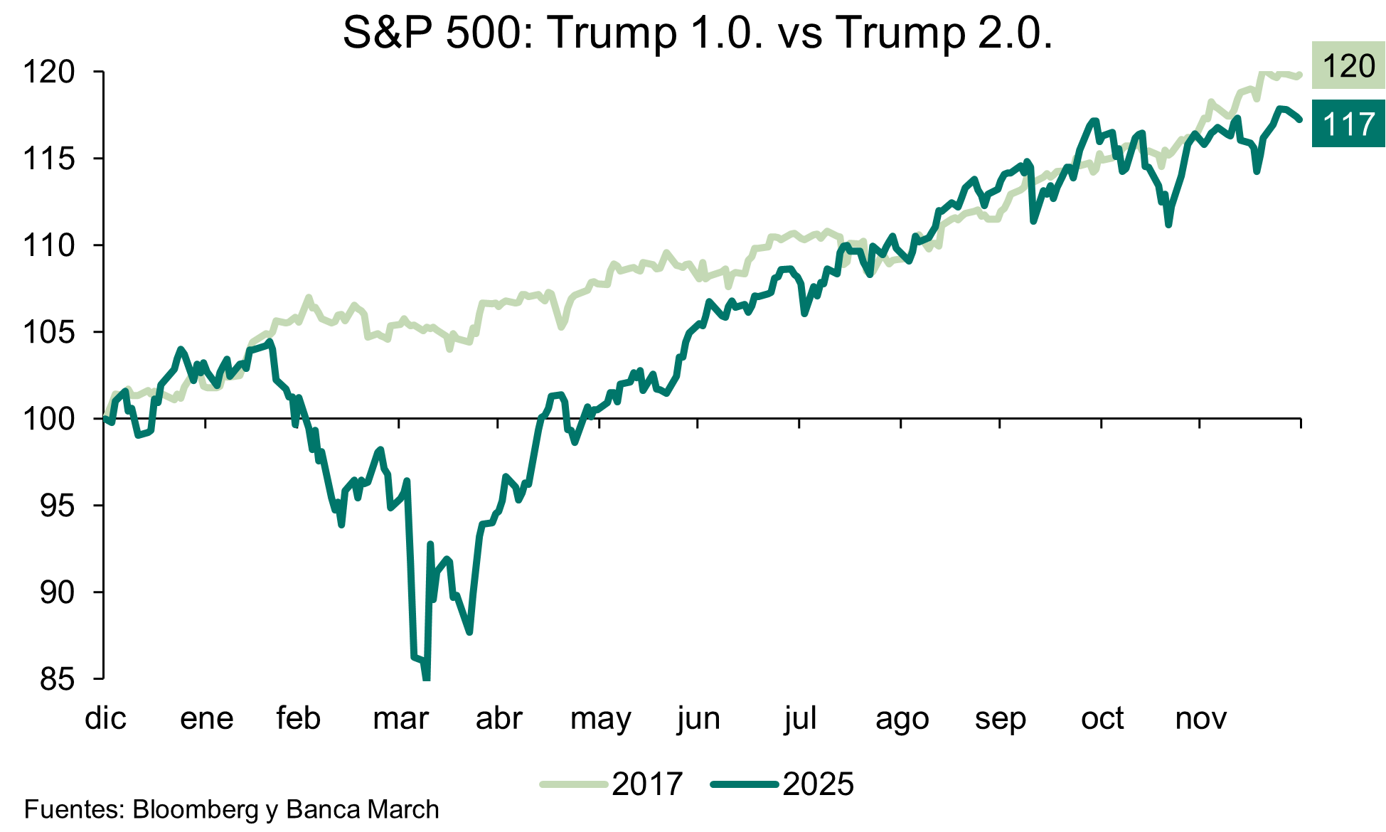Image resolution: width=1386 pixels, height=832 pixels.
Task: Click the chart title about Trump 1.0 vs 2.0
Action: click(697, 33)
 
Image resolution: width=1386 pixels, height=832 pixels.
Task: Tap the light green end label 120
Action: click(1348, 66)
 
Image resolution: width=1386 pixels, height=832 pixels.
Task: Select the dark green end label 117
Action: click(1348, 124)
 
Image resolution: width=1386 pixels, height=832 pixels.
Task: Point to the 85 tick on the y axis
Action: click(57, 679)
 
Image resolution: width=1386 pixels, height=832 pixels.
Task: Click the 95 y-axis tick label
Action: click(57, 506)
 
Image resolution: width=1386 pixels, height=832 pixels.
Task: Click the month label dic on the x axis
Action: click(105, 718)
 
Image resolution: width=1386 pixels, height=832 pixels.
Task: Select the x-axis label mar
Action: click(400, 718)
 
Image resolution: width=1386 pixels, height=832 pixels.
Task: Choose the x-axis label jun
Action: click(698, 718)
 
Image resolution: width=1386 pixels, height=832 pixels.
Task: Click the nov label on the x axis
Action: click(1200, 718)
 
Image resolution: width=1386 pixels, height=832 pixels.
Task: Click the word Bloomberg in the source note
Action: click(196, 810)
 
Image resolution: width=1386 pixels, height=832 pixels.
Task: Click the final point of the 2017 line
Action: click(1300, 75)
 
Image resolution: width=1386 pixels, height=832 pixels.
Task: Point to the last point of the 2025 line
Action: click(1300, 119)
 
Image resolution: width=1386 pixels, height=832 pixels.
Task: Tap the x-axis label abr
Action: click(499, 718)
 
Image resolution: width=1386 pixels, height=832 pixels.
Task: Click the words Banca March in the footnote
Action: click(363, 810)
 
